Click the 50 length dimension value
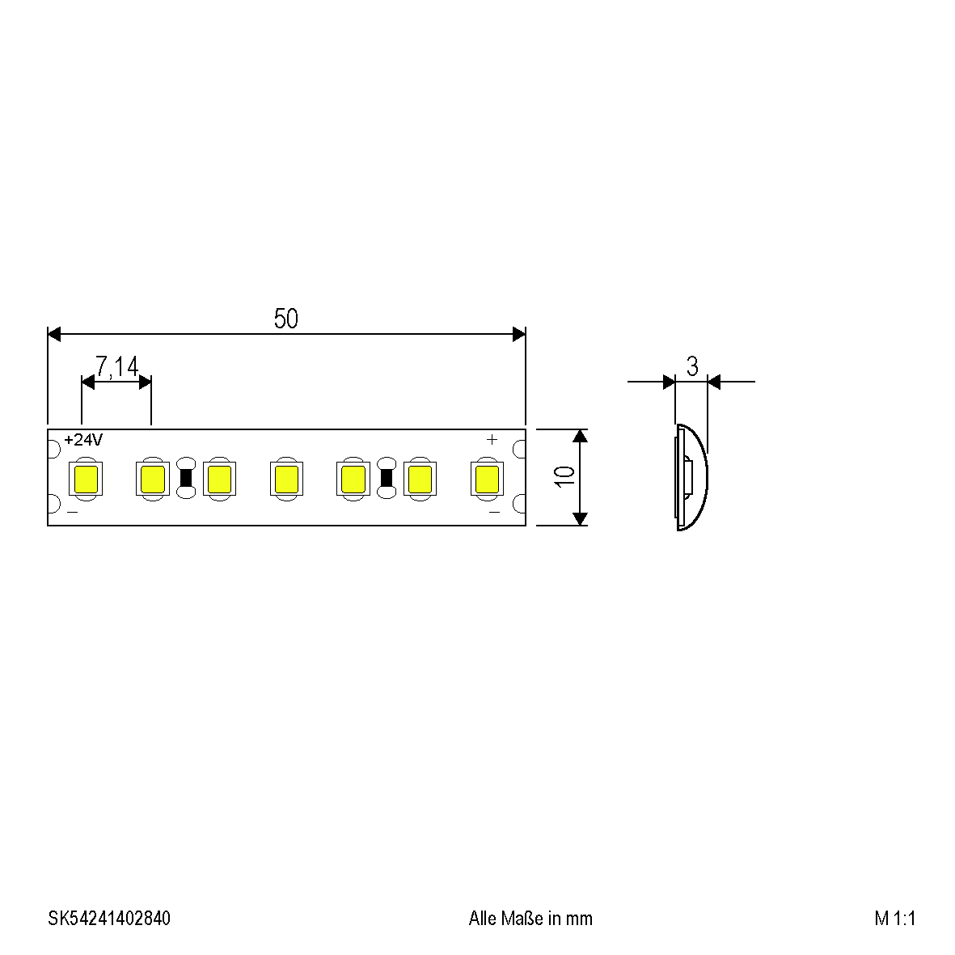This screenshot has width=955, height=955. pyautogui.click(x=285, y=319)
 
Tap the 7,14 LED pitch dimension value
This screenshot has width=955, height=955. pyautogui.click(x=117, y=366)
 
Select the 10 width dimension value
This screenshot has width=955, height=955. pyautogui.click(x=565, y=476)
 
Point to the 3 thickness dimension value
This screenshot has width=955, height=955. pyautogui.click(x=692, y=366)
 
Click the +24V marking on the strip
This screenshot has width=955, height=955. pyautogui.click(x=83, y=440)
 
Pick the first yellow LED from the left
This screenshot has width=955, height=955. pyautogui.click(x=86, y=479)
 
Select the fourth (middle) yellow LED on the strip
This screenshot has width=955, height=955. pyautogui.click(x=286, y=479)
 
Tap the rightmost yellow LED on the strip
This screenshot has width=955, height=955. pyautogui.click(x=488, y=479)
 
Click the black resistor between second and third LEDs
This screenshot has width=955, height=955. pyautogui.click(x=186, y=479)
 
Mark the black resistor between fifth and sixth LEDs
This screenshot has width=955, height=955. pyautogui.click(x=387, y=479)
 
